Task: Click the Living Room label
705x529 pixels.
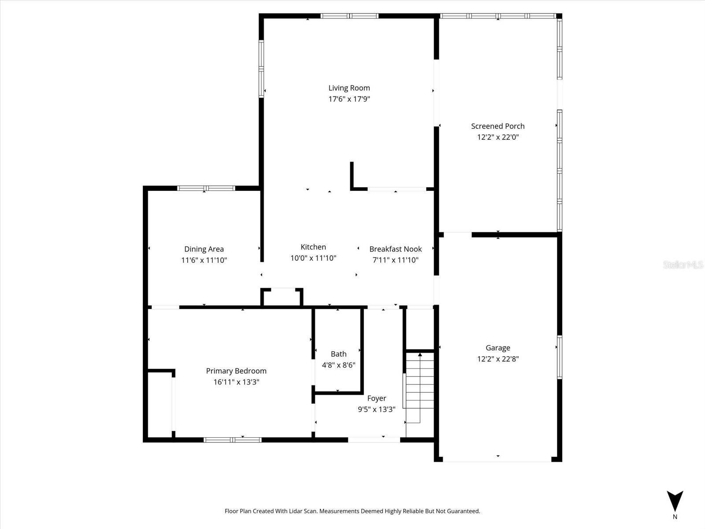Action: [x=349, y=88]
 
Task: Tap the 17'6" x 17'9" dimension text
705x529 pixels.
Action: [x=349, y=99]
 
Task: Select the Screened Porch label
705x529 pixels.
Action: [x=497, y=126]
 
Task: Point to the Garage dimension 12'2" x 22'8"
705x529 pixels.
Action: [x=497, y=359]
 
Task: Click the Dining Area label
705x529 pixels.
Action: [x=204, y=249]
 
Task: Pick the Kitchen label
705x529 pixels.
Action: [x=313, y=247]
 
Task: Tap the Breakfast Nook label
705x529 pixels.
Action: [x=395, y=249]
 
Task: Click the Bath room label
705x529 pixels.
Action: [x=338, y=354]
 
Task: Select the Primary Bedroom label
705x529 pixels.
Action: [x=236, y=371]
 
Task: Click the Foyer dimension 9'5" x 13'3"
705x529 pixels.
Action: [x=376, y=409]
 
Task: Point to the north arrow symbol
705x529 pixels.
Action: [x=675, y=501]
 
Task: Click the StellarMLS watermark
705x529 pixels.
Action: [x=683, y=265]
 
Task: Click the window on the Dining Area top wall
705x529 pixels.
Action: [x=206, y=188]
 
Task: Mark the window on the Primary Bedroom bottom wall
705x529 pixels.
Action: [x=232, y=440]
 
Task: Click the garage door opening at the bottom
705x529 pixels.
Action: [x=497, y=460]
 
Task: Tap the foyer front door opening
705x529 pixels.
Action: [x=374, y=440]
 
